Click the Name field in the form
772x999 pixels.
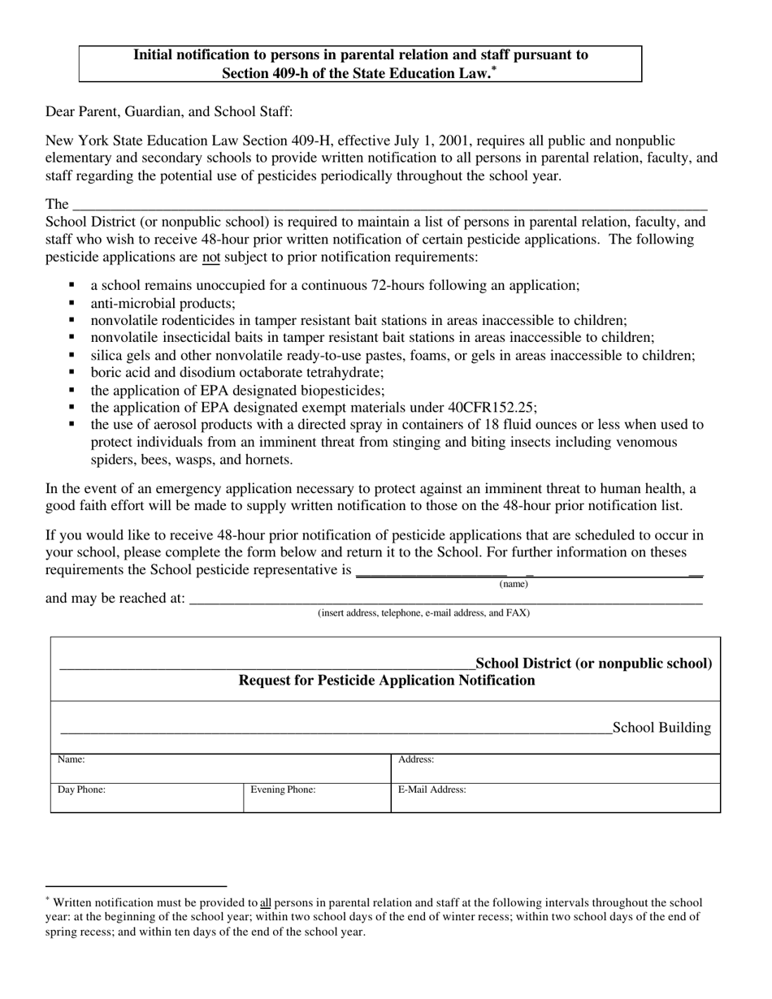click(220, 768)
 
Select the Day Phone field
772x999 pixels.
click(146, 798)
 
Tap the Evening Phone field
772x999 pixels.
click(317, 798)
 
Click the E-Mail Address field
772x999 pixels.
click(555, 798)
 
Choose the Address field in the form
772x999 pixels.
click(555, 768)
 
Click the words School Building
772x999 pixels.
click(661, 728)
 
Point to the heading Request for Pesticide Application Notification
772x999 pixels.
click(387, 681)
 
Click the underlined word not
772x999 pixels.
click(211, 257)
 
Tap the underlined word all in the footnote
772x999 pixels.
click(265, 902)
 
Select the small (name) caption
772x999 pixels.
click(514, 584)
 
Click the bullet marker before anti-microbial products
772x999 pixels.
click(73, 303)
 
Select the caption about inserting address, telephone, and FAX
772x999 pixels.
click(423, 613)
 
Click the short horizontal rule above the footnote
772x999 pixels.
click(136, 885)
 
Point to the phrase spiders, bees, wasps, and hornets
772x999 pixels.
click(192, 460)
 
